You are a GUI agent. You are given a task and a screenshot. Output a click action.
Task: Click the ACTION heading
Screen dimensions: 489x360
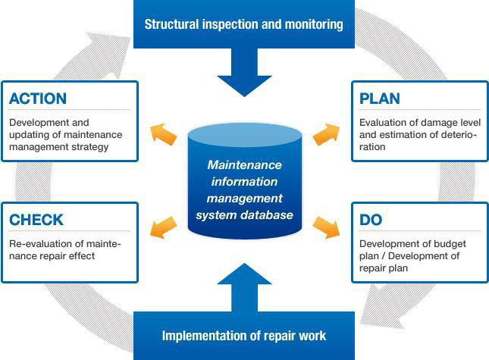(x=38, y=99)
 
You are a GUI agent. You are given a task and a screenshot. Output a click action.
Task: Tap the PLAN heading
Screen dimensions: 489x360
(x=380, y=99)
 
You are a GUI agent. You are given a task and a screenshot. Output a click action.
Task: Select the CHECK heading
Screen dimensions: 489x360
(x=36, y=220)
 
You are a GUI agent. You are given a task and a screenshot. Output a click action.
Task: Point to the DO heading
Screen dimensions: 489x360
(x=371, y=220)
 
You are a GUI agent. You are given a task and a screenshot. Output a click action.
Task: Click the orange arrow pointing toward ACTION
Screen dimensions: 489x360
(x=163, y=134)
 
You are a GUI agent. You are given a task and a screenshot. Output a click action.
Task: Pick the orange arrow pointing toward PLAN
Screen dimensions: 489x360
(x=326, y=134)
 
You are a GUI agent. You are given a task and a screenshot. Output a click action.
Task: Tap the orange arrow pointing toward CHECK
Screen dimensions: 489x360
(x=163, y=227)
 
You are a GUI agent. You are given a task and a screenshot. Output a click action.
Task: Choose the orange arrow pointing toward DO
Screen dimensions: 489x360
(x=326, y=227)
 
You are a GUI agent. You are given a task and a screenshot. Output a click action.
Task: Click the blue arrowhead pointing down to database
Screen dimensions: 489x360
(x=244, y=86)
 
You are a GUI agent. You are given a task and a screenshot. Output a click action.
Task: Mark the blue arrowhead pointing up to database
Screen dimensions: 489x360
(x=244, y=274)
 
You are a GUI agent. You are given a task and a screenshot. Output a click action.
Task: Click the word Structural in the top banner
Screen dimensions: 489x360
(x=171, y=24)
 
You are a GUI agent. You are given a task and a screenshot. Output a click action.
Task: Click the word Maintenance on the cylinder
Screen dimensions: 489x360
(x=244, y=165)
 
